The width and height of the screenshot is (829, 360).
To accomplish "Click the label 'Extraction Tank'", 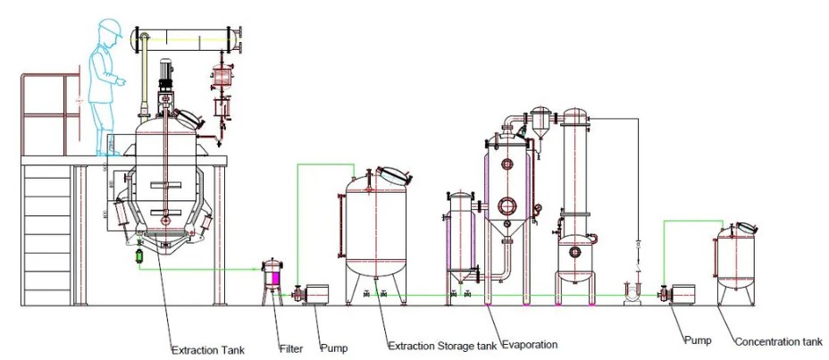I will [x=207, y=349].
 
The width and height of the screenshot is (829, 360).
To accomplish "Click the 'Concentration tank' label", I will [x=778, y=342].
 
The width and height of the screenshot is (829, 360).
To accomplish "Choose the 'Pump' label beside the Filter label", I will [x=333, y=347].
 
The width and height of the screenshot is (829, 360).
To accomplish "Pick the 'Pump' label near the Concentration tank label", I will [x=699, y=340].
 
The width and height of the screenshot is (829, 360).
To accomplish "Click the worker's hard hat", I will [x=110, y=29].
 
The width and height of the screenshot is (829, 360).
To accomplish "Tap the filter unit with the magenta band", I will [x=272, y=280].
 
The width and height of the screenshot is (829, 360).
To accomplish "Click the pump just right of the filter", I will [x=313, y=292].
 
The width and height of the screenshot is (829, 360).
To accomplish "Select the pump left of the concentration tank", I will [x=681, y=293].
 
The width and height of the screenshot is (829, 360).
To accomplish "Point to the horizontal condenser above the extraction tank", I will [x=188, y=39].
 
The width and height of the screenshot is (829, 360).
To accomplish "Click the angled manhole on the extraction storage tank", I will [x=393, y=174].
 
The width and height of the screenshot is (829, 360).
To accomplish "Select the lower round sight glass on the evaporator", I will [x=507, y=205].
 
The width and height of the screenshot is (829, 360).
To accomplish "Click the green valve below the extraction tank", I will [x=139, y=255].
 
